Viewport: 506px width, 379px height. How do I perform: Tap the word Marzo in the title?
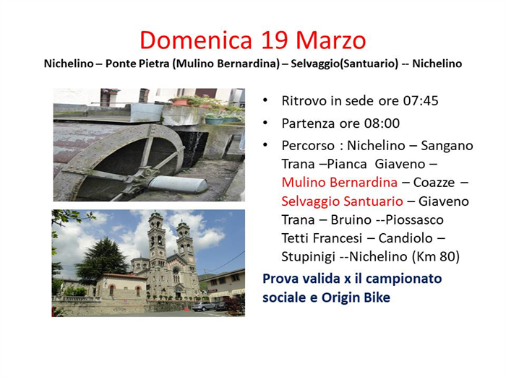(x=331, y=40)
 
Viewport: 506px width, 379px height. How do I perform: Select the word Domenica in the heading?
(x=196, y=40)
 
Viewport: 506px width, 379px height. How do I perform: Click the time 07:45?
(x=421, y=101)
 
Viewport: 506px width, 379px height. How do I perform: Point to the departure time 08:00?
(x=382, y=123)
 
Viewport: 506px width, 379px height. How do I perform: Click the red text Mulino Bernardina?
(x=340, y=183)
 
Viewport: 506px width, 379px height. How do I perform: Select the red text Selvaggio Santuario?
(x=342, y=201)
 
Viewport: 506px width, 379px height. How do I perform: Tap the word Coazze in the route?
(x=434, y=183)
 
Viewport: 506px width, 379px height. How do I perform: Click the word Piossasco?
(x=414, y=219)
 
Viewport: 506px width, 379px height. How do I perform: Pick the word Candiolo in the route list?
(x=406, y=238)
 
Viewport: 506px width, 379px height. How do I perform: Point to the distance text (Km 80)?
(x=436, y=257)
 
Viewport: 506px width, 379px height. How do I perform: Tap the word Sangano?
(x=447, y=146)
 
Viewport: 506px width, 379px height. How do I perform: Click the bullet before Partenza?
(x=265, y=123)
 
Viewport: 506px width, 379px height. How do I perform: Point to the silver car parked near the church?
(x=203, y=306)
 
